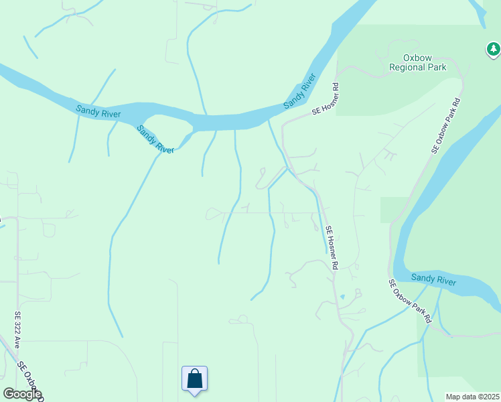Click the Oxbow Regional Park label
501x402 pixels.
tap(418, 62)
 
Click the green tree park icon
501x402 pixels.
tap(494, 49)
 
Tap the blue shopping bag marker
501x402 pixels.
tap(194, 379)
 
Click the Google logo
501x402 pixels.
tap(22, 394)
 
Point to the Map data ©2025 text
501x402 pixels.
tap(472, 397)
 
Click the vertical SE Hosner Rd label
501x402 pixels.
tap(332, 248)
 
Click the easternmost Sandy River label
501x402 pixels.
tap(433, 279)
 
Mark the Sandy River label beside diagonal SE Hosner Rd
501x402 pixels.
tap(299, 92)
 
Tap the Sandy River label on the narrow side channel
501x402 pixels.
tap(155, 139)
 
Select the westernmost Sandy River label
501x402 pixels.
tap(98, 111)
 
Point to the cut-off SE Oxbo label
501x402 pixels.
tap(30, 381)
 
